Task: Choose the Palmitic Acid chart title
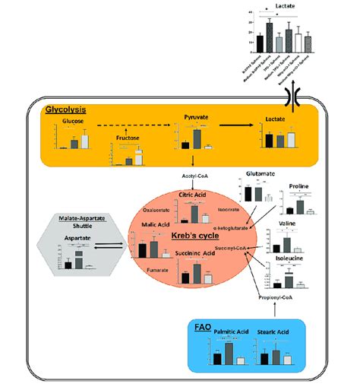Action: [x=231, y=332]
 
